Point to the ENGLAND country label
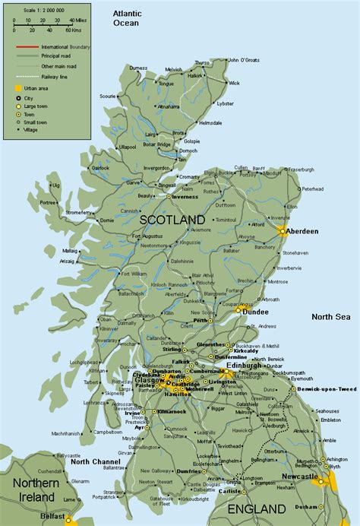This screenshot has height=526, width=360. [x=260, y=509]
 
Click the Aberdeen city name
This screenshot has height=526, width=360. [x=302, y=230]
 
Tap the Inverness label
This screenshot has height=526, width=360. [x=185, y=196]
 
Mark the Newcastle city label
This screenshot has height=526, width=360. [x=300, y=476]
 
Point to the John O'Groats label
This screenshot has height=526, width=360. [x=244, y=59]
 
